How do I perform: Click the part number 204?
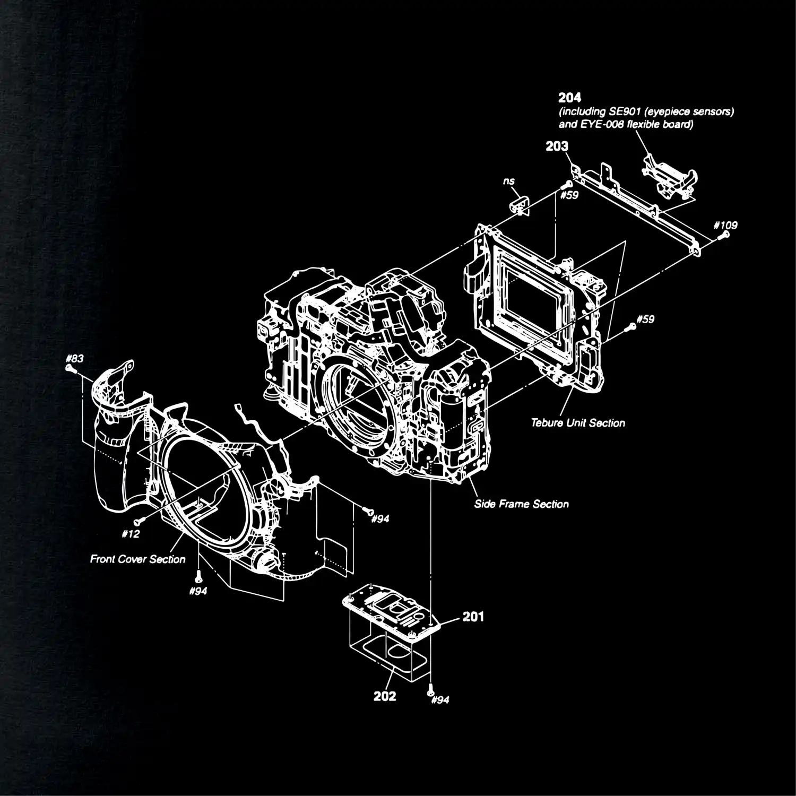(x=569, y=98)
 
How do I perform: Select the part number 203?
(x=557, y=146)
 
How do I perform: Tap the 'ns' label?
(x=508, y=181)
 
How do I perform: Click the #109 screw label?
(x=726, y=225)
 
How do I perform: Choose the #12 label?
(x=130, y=534)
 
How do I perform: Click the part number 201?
(x=473, y=617)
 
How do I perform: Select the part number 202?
(x=385, y=696)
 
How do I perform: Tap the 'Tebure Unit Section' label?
(x=578, y=423)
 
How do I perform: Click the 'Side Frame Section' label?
(x=521, y=504)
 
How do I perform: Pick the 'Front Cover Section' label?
(x=137, y=559)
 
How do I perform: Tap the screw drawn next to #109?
(x=720, y=236)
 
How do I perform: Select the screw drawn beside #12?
(x=137, y=521)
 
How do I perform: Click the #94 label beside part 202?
(x=440, y=700)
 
